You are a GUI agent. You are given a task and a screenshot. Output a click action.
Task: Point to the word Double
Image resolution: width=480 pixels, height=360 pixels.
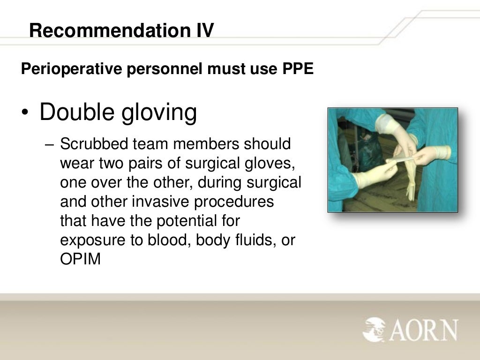pyautogui.click(x=77, y=112)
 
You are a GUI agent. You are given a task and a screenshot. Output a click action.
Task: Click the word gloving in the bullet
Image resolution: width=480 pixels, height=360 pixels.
pyautogui.click(x=159, y=113)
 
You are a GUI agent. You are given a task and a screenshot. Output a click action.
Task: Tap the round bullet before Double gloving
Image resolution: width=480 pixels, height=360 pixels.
pyautogui.click(x=26, y=113)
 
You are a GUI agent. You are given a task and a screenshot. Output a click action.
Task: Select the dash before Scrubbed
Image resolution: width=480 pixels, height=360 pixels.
pyautogui.click(x=51, y=144)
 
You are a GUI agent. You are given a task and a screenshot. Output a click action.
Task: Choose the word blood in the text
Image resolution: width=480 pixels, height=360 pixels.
pyautogui.click(x=170, y=240)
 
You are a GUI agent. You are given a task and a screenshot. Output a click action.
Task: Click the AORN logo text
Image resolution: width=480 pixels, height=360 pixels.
pyautogui.click(x=423, y=330)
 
